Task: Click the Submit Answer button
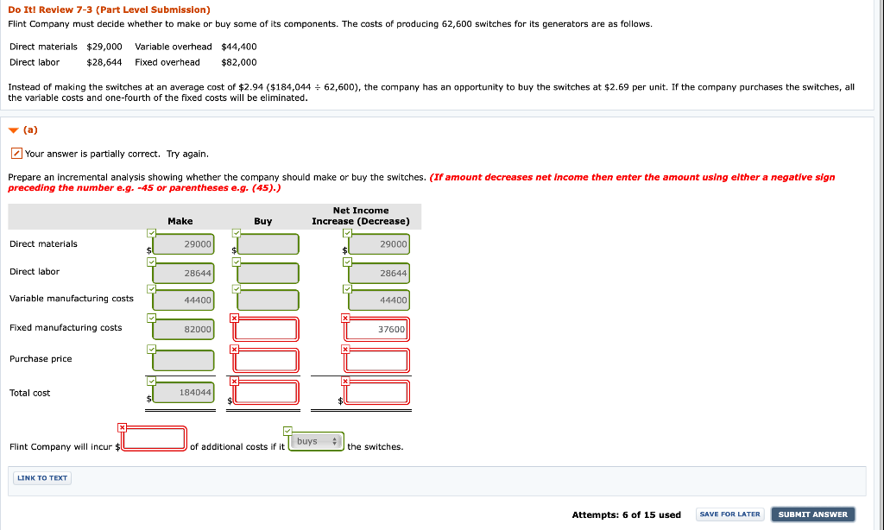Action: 813,514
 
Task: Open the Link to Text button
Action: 42,478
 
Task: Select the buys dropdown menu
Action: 316,442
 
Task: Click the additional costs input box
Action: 155,439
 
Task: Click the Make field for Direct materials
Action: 183,244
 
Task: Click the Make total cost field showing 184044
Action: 183,393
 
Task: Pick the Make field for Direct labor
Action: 183,273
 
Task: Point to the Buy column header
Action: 263,222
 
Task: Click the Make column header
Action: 180,222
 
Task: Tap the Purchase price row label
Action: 41,359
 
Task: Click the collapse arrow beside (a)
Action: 13,130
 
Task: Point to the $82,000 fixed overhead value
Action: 239,62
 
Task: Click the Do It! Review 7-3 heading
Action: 109,9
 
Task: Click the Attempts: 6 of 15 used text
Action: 626,515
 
